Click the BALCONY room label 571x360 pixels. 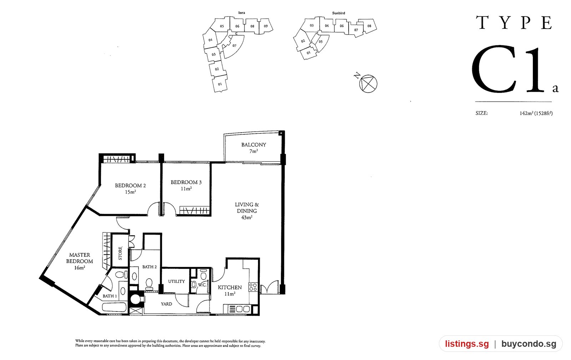click(254, 145)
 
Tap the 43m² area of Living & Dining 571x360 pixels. click(247, 217)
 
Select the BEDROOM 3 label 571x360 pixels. click(186, 182)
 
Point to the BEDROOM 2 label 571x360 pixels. click(130, 186)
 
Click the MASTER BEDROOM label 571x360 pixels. click(80, 258)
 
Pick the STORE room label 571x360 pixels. click(120, 253)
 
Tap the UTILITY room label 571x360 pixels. click(176, 281)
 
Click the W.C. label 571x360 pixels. click(202, 285)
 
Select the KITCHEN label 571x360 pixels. click(230, 287)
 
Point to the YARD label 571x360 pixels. click(166, 304)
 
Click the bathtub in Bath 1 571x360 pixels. click(115, 307)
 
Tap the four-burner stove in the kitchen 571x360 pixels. click(253, 287)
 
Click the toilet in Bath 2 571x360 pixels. click(149, 284)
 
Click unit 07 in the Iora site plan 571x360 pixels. click(234, 46)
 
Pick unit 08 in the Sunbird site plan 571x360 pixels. click(369, 26)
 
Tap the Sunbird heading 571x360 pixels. click(339, 13)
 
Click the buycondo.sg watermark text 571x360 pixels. click(529, 344)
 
